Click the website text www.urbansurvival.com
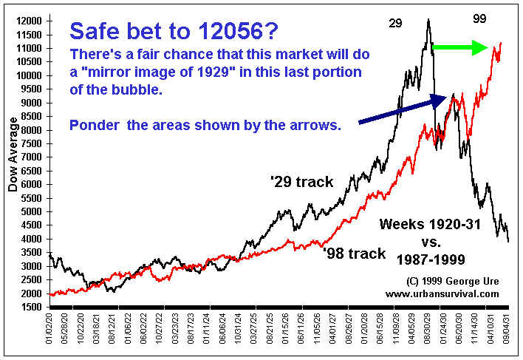tap(442, 293)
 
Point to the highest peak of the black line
tap(428, 20)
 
